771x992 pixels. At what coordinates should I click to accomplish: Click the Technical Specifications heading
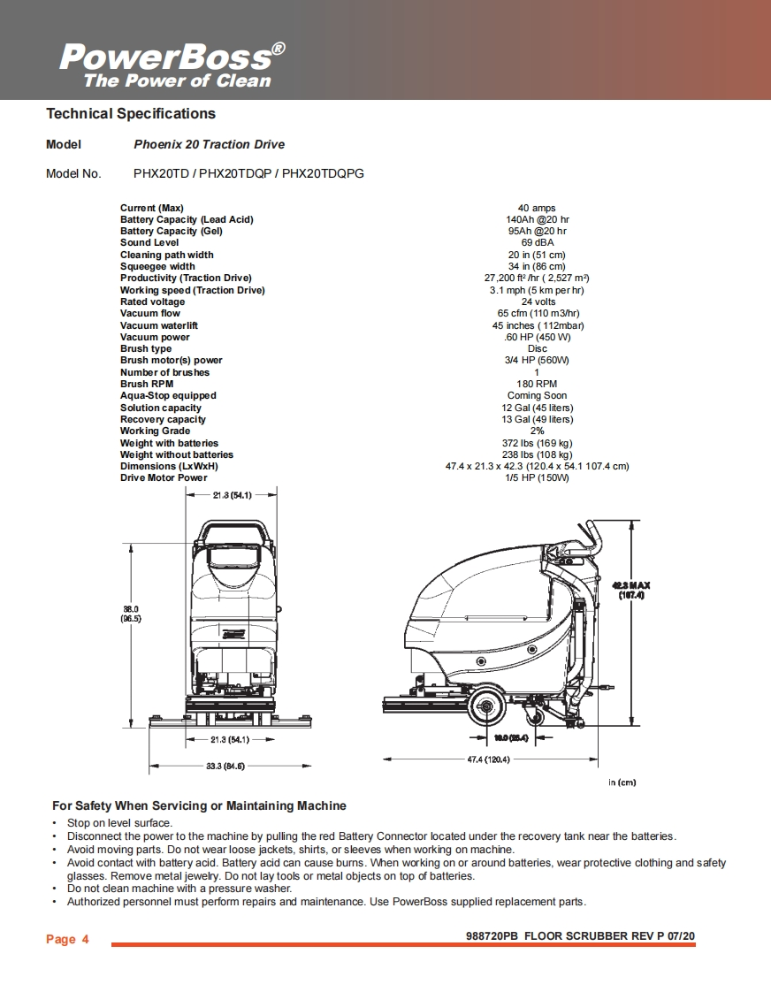click(130, 113)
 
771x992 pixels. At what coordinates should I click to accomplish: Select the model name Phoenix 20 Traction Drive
click(209, 144)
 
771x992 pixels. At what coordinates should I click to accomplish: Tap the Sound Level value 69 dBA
click(537, 242)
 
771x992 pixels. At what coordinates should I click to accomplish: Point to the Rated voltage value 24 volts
click(537, 301)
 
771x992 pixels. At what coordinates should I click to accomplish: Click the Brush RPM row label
click(147, 384)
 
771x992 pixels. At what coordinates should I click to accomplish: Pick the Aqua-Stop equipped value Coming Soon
click(537, 395)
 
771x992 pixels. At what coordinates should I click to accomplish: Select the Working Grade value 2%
click(537, 431)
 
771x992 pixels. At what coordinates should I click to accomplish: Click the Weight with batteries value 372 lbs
click(537, 443)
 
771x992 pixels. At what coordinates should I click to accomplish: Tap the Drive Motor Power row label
click(164, 477)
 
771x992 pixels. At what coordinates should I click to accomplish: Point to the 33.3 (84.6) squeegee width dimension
click(225, 766)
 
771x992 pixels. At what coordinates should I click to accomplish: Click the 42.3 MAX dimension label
click(631, 590)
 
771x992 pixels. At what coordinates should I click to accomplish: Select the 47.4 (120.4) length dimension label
click(488, 759)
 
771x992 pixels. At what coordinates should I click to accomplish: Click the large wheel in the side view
click(485, 706)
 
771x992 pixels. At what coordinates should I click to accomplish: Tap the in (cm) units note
click(622, 782)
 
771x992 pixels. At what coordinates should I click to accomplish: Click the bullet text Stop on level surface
click(119, 823)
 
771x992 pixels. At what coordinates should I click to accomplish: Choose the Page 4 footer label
click(67, 939)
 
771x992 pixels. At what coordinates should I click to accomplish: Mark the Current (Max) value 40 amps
click(537, 208)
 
